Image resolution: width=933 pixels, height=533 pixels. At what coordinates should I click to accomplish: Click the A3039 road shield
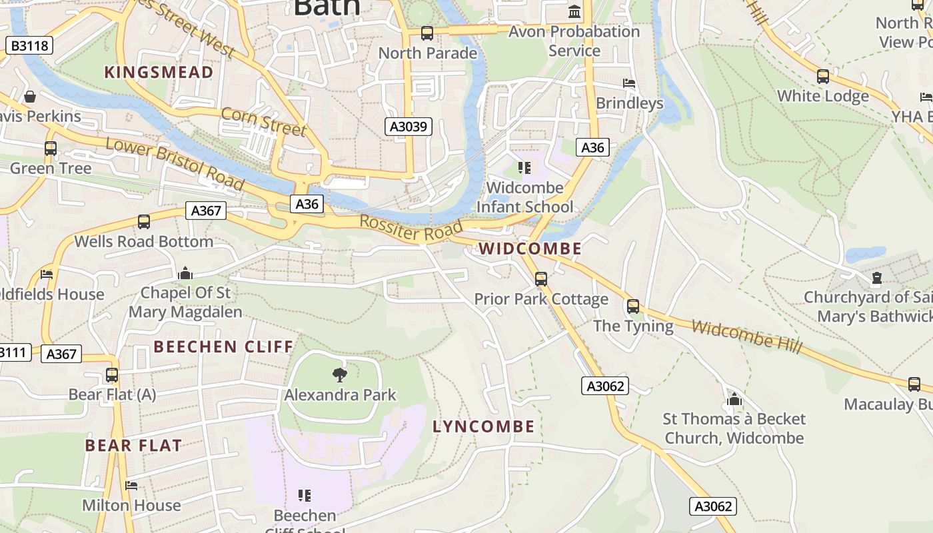(409, 127)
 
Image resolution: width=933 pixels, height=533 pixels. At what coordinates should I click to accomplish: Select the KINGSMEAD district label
(159, 72)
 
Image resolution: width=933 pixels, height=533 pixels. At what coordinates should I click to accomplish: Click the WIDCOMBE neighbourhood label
(530, 249)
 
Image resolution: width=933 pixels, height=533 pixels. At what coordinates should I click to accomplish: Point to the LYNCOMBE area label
(484, 426)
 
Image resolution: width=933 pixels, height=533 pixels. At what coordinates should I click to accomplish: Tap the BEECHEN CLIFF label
(223, 346)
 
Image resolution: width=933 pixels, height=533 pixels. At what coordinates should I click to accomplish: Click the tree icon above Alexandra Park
(340, 374)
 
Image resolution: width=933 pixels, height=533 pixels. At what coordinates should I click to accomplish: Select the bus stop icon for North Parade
(427, 33)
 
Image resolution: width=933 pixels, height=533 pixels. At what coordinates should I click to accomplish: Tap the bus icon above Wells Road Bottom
(144, 222)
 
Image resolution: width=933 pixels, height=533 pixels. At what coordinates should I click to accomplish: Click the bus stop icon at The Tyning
(633, 306)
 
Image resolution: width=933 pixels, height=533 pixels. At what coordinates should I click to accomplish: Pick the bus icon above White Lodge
(823, 77)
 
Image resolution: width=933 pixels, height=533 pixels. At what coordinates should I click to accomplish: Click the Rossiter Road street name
(411, 228)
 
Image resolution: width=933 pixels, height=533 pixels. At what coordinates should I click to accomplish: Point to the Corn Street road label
(263, 121)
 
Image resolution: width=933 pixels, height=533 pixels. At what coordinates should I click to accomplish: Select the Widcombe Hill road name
(746, 336)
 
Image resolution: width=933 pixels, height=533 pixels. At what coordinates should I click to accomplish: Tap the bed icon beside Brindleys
(629, 84)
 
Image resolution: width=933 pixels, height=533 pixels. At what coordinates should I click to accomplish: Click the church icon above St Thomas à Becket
(734, 399)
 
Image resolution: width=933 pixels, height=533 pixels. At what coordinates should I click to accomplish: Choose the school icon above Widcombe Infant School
(524, 168)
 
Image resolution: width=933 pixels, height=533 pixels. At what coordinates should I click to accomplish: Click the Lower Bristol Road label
(175, 163)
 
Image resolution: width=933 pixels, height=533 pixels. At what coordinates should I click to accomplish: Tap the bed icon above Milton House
(131, 486)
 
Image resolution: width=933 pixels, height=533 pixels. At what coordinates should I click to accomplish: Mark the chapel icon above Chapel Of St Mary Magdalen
(185, 273)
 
